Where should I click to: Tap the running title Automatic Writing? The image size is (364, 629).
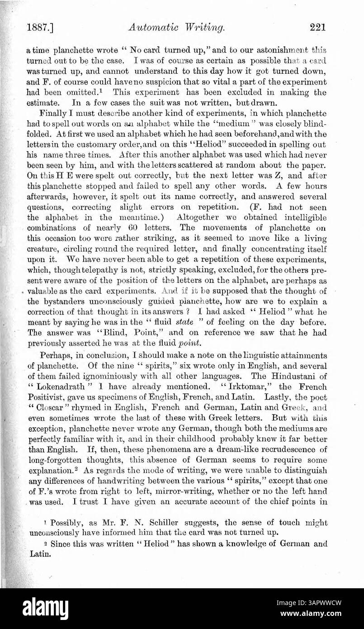pyautogui.click(x=177, y=28)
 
